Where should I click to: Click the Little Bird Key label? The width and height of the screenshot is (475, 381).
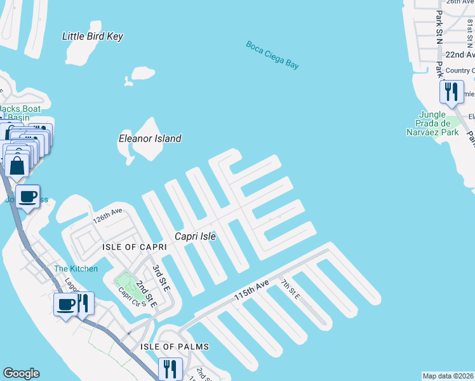tap(93, 36)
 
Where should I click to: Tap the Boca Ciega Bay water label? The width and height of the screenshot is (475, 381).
tap(272, 55)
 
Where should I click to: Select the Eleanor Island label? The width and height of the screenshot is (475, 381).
tap(151, 138)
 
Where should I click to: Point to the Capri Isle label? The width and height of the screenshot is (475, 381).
tap(196, 236)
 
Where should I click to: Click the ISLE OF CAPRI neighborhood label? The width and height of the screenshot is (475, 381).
tap(130, 246)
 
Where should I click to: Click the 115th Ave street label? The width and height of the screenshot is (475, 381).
tap(251, 290)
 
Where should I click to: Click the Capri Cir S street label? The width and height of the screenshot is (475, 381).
tap(132, 297)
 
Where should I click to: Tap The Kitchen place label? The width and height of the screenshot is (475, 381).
tap(76, 269)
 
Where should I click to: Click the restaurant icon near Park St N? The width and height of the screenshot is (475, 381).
tap(451, 91)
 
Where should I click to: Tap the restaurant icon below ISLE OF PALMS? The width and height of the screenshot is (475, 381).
tap(170, 369)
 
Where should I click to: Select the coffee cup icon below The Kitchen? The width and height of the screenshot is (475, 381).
tap(65, 305)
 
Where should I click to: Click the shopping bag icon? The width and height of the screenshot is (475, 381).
tap(18, 165)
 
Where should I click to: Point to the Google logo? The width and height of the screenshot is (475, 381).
tap(21, 373)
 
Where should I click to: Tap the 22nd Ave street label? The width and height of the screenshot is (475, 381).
tap(460, 55)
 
